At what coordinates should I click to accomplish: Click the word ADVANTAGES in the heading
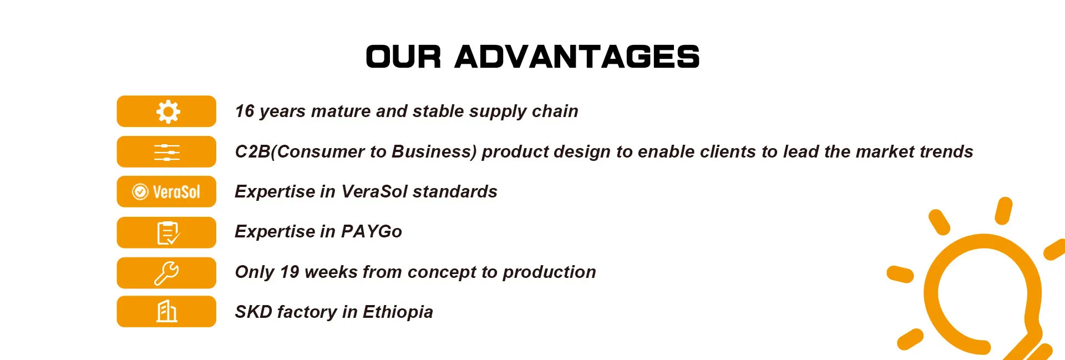577,57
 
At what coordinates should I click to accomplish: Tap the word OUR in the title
403,57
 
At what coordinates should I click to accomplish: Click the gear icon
168,111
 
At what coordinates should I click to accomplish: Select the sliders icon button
166,151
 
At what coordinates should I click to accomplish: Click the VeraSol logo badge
166,191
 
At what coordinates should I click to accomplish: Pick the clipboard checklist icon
168,233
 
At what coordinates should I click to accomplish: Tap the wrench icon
166,273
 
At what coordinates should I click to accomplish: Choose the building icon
166,311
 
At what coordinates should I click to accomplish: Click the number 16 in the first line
245,111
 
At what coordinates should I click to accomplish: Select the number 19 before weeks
290,272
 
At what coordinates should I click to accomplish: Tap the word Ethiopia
398,312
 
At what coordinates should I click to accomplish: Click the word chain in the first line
555,111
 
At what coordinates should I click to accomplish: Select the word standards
455,191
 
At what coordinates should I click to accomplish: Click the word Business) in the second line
434,151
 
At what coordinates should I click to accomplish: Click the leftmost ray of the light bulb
900,274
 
